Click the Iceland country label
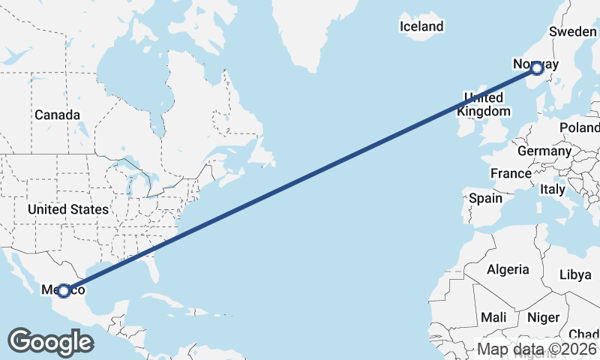pyautogui.click(x=421, y=26)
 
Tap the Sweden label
pyautogui.click(x=573, y=31)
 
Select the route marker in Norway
pyautogui.click(x=537, y=67)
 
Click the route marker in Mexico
pyautogui.click(x=64, y=290)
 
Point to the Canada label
pyautogui.click(x=57, y=115)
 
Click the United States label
pyautogui.click(x=68, y=209)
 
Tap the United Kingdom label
pyautogui.click(x=484, y=105)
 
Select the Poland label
pyautogui.click(x=579, y=127)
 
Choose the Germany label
pyautogui.click(x=544, y=151)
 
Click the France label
pyautogui.click(x=511, y=173)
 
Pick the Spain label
pyautogui.click(x=485, y=199)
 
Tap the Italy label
pyautogui.click(x=553, y=190)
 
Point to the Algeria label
pyautogui.click(x=508, y=269)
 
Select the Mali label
pyautogui.click(x=493, y=317)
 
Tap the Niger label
pyautogui.click(x=544, y=317)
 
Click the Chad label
pyautogui.click(x=584, y=334)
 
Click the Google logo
pyautogui.click(x=50, y=342)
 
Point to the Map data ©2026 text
pyautogui.click(x=537, y=349)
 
